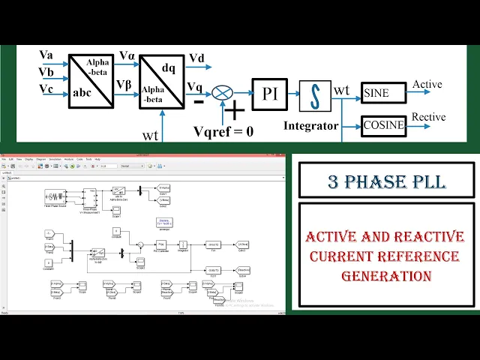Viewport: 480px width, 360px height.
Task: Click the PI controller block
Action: point(269,94)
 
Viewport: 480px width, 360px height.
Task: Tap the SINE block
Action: point(383,93)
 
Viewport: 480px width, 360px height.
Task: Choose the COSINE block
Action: point(383,125)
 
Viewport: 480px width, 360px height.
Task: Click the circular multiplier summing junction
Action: point(223,92)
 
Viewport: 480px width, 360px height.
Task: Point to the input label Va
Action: point(46,55)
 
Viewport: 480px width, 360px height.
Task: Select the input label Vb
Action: point(46,72)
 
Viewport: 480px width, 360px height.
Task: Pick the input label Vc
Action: point(46,89)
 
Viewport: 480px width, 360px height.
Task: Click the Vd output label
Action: point(197,58)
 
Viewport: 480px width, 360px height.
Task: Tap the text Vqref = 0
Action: point(223,131)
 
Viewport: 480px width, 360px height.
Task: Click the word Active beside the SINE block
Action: point(427,85)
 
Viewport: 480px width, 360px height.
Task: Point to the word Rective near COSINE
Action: point(428,117)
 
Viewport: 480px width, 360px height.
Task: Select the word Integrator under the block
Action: point(310,126)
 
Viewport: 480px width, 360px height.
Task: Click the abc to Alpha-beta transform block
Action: point(91,81)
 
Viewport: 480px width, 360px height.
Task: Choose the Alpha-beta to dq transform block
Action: point(161,81)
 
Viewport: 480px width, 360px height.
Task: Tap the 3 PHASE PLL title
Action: point(385,181)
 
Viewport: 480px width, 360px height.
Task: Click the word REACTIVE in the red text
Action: point(425,238)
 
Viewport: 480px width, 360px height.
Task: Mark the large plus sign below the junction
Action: point(235,111)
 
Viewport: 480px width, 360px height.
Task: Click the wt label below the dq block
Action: point(150,135)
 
